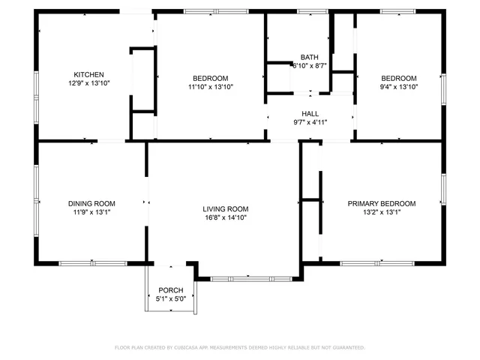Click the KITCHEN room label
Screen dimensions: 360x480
click(x=88, y=74)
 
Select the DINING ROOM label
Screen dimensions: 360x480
click(x=91, y=203)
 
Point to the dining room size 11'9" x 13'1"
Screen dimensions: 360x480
click(x=91, y=212)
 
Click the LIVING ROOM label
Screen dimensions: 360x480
click(x=225, y=208)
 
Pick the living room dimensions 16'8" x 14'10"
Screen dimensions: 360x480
click(x=225, y=217)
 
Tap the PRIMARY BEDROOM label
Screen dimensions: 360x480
click(x=381, y=203)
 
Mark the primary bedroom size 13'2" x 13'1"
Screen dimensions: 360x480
click(x=381, y=212)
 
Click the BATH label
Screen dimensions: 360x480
click(x=309, y=57)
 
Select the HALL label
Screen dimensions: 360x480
click(x=310, y=114)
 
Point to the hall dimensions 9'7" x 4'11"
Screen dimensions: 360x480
click(x=310, y=122)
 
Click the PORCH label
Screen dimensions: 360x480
click(x=170, y=290)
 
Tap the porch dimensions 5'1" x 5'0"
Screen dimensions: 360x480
click(x=170, y=299)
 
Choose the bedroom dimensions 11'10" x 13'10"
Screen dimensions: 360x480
click(x=210, y=87)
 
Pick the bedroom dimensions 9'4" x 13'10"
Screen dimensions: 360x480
click(x=398, y=87)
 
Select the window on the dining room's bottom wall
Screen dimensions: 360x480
click(x=93, y=262)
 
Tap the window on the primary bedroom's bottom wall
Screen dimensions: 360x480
click(x=377, y=262)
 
